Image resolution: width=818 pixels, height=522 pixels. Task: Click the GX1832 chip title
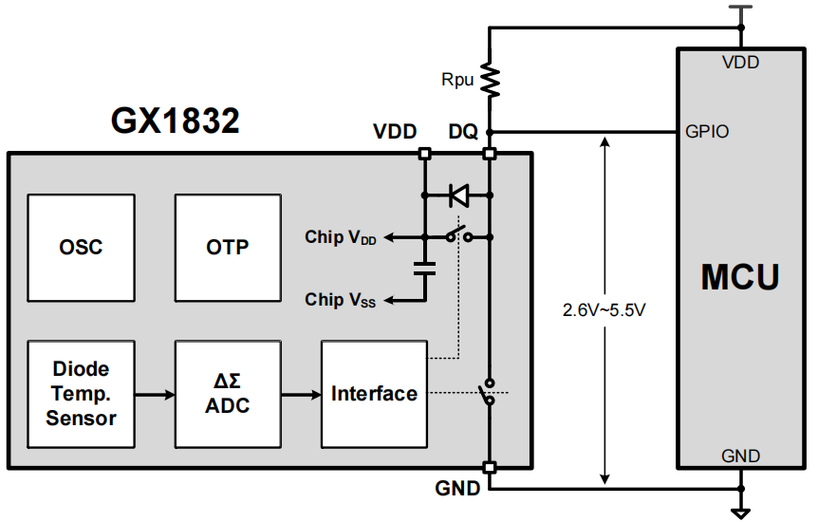pyautogui.click(x=176, y=122)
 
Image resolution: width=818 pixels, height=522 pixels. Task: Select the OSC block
pyautogui.click(x=81, y=247)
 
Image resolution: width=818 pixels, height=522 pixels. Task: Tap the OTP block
pyautogui.click(x=227, y=247)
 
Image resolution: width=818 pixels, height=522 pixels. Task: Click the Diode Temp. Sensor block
pyautogui.click(x=81, y=393)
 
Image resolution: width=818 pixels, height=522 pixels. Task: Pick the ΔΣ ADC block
pyautogui.click(x=227, y=393)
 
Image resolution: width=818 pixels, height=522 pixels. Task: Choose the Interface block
pyautogui.click(x=374, y=393)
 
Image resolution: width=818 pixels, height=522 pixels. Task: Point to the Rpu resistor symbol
pyautogui.click(x=490, y=79)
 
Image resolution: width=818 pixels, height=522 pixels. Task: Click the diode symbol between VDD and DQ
pyautogui.click(x=458, y=196)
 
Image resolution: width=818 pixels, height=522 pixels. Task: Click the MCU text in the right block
pyautogui.click(x=740, y=277)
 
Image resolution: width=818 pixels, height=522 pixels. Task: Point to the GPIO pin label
pyautogui.click(x=707, y=132)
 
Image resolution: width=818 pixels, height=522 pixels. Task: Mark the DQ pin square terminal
pyautogui.click(x=490, y=153)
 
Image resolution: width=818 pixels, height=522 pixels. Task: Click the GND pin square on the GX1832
pyautogui.click(x=490, y=467)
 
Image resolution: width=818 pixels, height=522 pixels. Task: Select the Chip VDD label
pyautogui.click(x=341, y=237)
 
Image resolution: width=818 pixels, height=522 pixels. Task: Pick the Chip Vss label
pyautogui.click(x=341, y=300)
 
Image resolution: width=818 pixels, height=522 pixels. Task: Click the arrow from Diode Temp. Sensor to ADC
pyautogui.click(x=154, y=393)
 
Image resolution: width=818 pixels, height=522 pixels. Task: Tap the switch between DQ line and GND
pyautogui.click(x=488, y=393)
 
